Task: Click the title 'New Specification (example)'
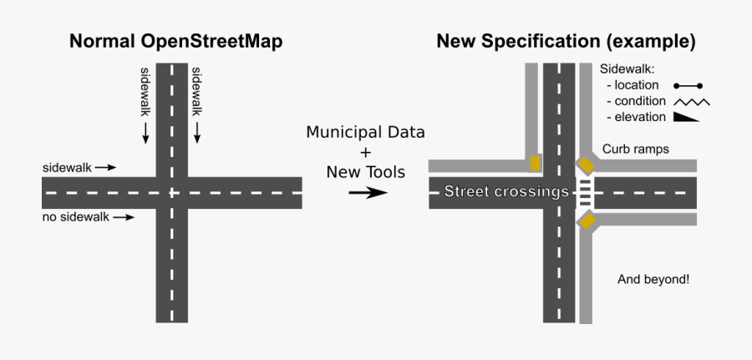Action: click(x=566, y=42)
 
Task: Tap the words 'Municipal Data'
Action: click(x=365, y=133)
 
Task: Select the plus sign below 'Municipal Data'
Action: click(x=365, y=153)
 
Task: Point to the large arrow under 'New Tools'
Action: click(x=367, y=193)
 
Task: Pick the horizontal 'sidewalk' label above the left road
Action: click(x=67, y=167)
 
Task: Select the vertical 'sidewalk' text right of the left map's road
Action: click(x=197, y=91)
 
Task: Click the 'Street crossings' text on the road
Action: click(x=506, y=192)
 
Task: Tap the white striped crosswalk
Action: click(x=586, y=192)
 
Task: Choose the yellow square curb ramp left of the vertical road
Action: click(x=535, y=163)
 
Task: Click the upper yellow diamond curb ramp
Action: click(x=587, y=164)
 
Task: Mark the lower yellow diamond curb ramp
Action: click(x=587, y=221)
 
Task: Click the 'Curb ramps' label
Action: click(x=636, y=150)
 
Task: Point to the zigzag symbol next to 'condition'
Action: click(x=691, y=101)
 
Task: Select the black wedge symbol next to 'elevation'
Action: click(x=686, y=117)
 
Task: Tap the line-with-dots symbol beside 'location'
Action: click(x=688, y=85)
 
